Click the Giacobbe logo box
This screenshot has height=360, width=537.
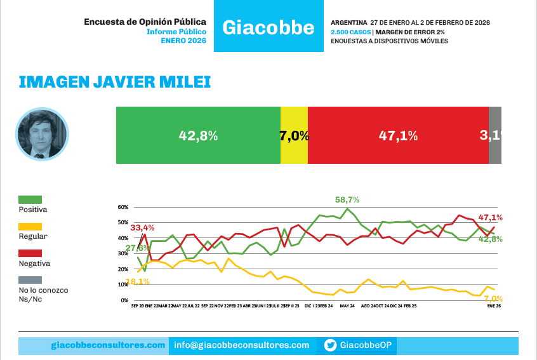(268, 27)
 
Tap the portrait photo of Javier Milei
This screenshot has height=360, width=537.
(41, 134)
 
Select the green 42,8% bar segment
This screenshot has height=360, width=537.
(198, 135)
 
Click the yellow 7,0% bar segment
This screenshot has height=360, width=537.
(294, 135)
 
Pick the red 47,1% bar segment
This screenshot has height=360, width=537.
(398, 135)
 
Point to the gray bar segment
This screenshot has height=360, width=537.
(495, 135)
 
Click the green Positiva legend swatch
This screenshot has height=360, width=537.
(30, 200)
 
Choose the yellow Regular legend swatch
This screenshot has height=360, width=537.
(30, 227)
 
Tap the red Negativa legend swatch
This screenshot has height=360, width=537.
(30, 253)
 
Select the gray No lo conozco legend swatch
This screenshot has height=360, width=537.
(30, 280)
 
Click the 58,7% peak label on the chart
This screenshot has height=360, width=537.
(347, 199)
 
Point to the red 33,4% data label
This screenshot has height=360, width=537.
(143, 227)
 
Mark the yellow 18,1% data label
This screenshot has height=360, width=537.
(138, 281)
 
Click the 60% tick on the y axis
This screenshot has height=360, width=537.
(123, 207)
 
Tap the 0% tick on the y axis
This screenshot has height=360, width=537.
(124, 300)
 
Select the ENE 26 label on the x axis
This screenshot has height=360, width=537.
(494, 306)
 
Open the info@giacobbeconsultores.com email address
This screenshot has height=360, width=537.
(242, 345)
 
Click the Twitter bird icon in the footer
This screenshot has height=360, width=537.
(330, 345)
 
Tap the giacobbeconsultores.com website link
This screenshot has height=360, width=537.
(108, 345)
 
